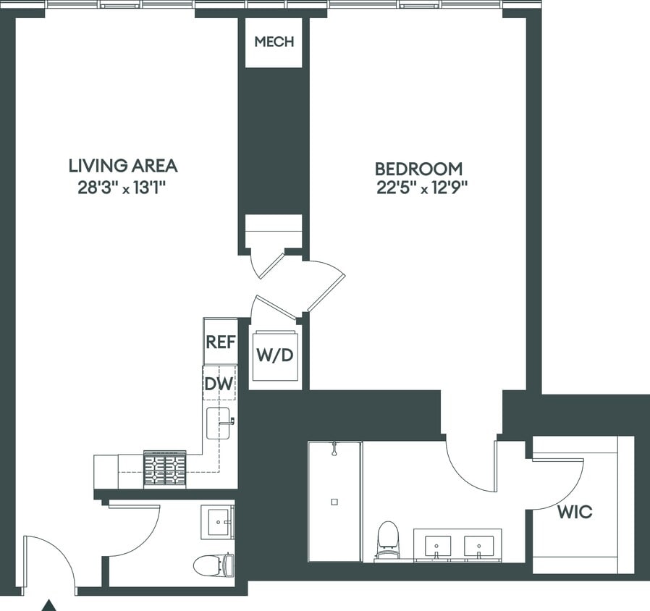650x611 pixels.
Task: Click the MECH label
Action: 274,42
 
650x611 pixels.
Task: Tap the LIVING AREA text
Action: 122,166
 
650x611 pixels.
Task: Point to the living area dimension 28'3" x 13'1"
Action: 122,188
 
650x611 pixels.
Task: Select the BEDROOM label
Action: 418,169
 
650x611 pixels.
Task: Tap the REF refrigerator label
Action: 220,342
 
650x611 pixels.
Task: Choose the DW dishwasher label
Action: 219,384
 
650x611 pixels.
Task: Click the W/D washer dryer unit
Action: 274,356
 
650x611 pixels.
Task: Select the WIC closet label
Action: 575,513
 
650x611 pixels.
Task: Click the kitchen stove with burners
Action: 165,469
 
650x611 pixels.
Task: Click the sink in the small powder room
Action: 219,521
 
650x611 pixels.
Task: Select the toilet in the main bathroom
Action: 389,538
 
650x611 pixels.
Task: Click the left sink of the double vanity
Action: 436,545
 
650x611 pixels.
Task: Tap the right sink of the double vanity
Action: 478,545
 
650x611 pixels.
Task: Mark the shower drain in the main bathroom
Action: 334,501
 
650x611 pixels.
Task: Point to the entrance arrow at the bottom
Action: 48,604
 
